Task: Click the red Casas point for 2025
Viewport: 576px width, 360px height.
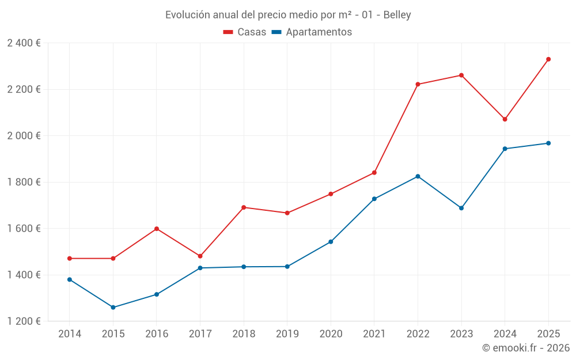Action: point(548,59)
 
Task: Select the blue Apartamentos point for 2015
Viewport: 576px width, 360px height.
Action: point(113,308)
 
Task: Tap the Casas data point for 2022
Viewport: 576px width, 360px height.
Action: point(418,84)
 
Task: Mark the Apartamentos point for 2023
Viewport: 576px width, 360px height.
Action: point(461,208)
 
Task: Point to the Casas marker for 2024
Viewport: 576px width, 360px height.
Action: point(505,119)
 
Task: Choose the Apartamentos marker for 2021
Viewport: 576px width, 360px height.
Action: point(374,199)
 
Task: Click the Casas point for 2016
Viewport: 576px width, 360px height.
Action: point(157,229)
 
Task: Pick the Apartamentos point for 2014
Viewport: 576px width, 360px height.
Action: point(70,279)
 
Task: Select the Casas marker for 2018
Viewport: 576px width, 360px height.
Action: point(244,207)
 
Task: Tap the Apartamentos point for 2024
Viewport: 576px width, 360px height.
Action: point(505,149)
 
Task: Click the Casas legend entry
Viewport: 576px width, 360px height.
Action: point(245,32)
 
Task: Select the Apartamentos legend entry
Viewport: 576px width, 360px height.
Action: point(312,32)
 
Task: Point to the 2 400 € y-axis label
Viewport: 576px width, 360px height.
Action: point(24,43)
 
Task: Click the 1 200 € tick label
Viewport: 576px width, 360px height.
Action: point(24,321)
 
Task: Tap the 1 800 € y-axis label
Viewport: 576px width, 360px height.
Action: point(24,182)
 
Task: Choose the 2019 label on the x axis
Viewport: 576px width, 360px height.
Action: point(287,334)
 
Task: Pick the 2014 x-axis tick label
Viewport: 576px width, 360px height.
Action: point(70,334)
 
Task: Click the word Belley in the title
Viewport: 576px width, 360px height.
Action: point(397,15)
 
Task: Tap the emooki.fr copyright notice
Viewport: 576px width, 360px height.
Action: point(525,348)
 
